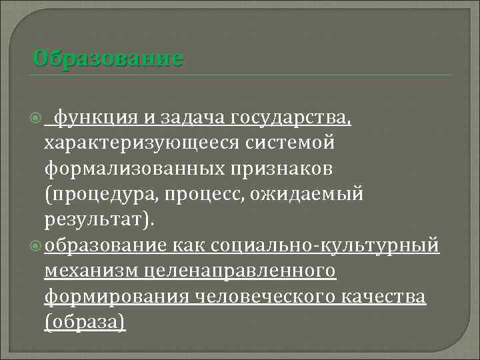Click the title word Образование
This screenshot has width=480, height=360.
coord(107,58)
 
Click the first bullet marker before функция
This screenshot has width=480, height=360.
coord(37,119)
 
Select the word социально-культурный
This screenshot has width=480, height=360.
coord(324,245)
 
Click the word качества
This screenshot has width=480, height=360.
coord(387,296)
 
